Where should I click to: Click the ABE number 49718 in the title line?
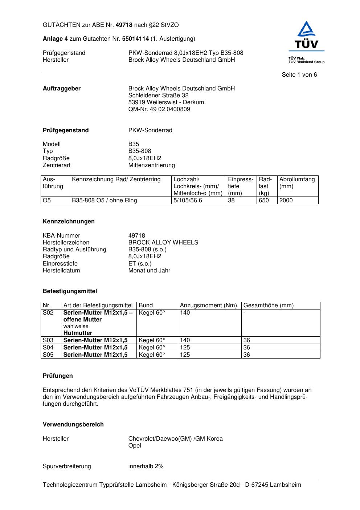pos(124,25)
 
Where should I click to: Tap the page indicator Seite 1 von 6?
pos(299,75)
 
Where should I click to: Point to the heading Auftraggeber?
pos(62,89)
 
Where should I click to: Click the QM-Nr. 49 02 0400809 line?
pos(159,109)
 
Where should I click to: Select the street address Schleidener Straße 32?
pos(158,96)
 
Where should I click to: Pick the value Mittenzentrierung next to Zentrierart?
pos(151,165)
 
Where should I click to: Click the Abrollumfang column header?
pos(297,179)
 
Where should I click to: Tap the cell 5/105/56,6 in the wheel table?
pos(188,201)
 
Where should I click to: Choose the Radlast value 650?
pos(263,201)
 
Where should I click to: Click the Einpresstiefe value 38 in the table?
pos(231,201)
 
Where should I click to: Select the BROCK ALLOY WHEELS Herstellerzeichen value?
pos(163,243)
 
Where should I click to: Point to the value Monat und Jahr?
pos(149,271)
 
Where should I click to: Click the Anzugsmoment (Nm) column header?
pos(208,305)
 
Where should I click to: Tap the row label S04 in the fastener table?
pos(48,348)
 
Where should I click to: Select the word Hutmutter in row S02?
pos(78,333)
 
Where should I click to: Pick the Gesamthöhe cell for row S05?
pos(247,355)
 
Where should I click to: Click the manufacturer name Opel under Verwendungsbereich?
pos(135,446)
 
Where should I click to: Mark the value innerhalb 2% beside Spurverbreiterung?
pos(146,466)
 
